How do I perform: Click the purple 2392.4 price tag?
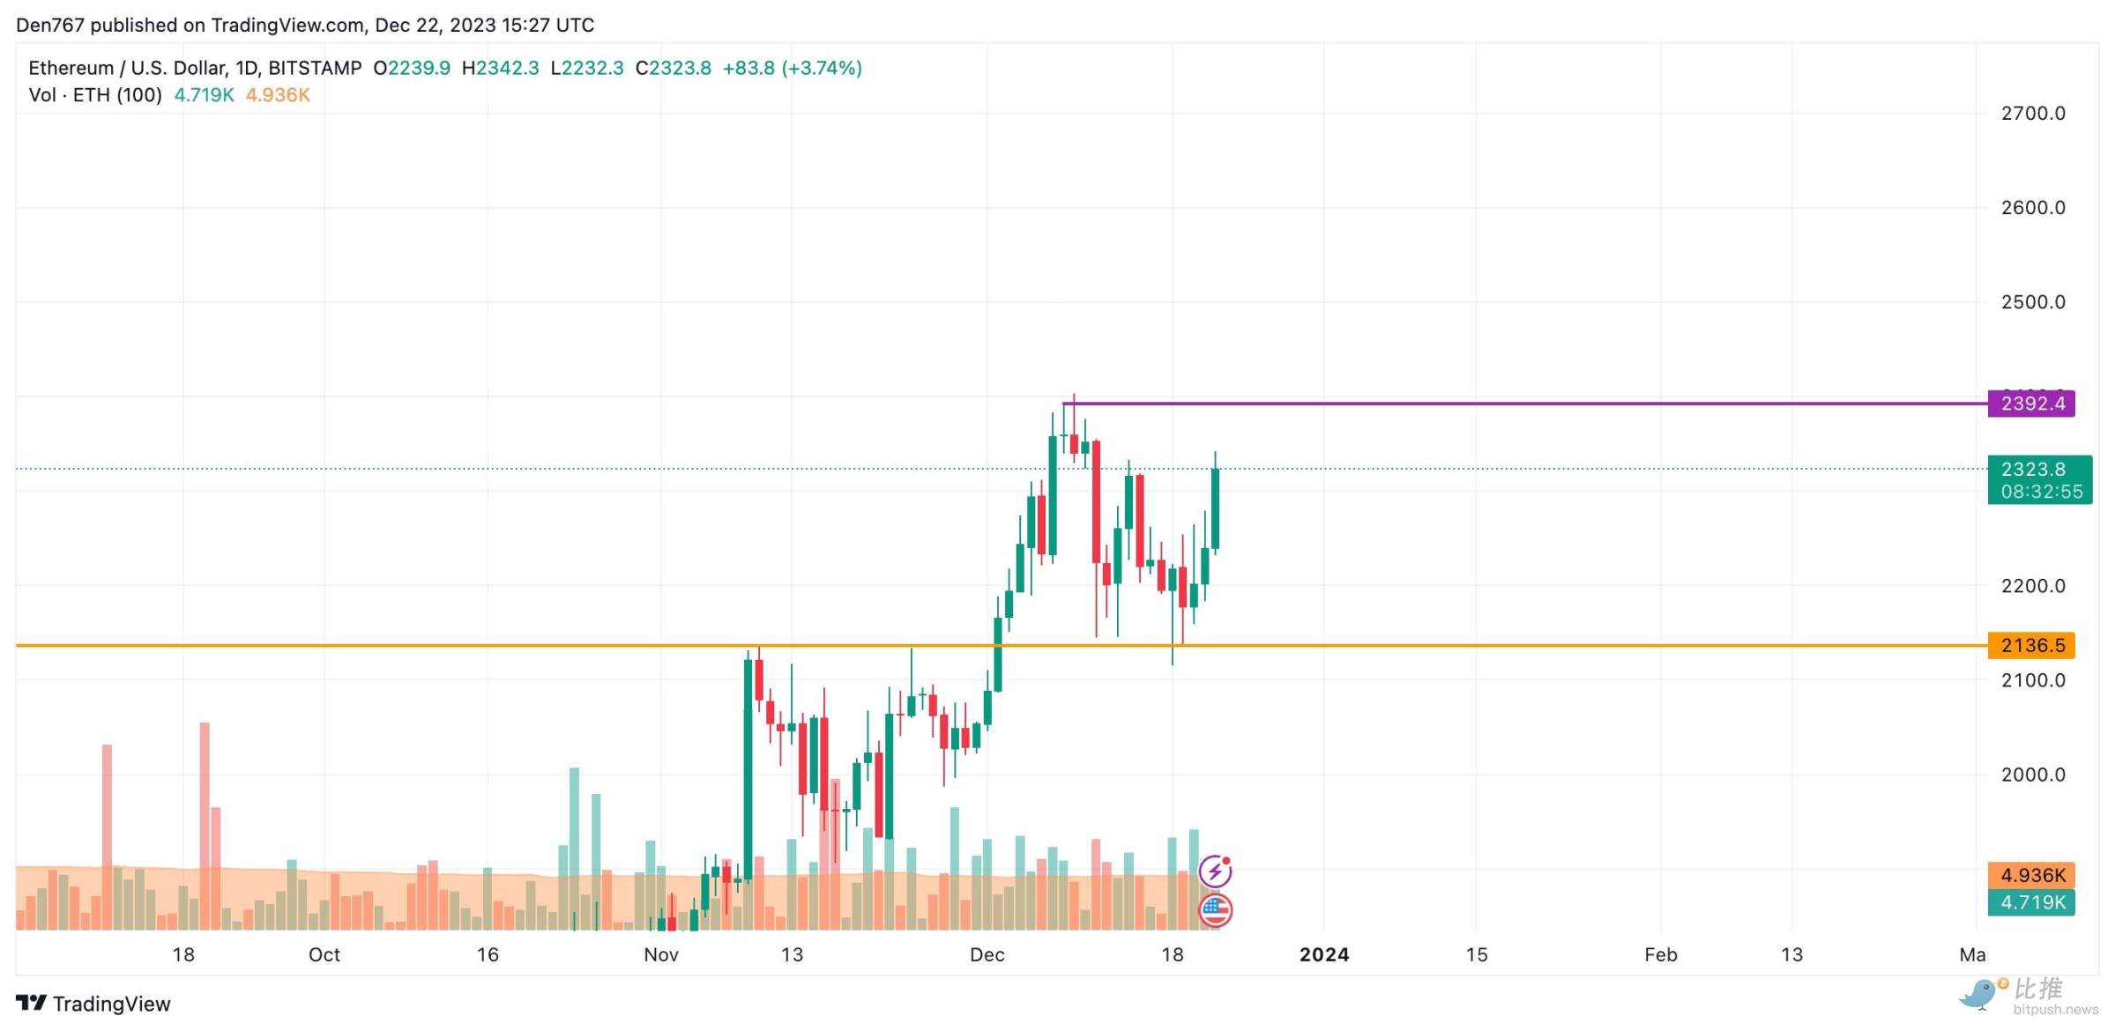coord(2031,404)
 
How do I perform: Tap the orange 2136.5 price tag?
coord(2031,645)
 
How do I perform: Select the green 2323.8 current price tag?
coord(2039,479)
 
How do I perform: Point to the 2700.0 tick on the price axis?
coord(2033,113)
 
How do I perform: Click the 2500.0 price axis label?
coord(2033,302)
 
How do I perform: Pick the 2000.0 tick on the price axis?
coord(2033,775)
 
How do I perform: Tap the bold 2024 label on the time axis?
coord(1323,954)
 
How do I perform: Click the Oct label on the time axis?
coord(324,954)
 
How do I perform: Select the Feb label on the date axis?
coord(1660,954)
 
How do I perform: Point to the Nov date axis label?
coord(660,954)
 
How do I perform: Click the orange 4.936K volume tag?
coord(2031,875)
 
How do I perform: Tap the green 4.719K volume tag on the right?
coord(2031,902)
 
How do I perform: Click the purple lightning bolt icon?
coord(1215,872)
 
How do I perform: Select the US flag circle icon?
coord(1215,909)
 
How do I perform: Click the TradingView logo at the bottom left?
coord(93,1004)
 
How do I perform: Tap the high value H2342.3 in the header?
coord(500,68)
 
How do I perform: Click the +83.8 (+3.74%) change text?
coord(792,68)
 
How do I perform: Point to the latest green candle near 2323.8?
coord(1215,508)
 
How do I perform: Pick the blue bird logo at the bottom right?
coord(1979,994)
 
